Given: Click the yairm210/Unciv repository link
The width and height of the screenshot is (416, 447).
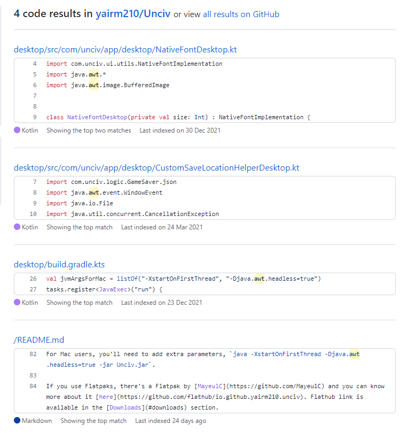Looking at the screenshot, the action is point(133,14).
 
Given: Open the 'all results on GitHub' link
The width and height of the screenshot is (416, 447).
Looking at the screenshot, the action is point(241,14).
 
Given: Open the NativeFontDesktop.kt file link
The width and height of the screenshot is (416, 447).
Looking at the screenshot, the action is point(125,50).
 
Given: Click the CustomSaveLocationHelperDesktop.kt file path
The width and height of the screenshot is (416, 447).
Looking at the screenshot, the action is point(156,168).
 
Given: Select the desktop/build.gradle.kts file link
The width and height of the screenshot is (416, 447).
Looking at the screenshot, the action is point(63,265).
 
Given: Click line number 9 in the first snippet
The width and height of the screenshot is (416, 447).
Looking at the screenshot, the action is point(35,117).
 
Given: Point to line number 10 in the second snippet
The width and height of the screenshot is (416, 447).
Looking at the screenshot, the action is point(33,214).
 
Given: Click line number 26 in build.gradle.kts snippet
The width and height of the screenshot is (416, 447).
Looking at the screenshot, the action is point(33,279).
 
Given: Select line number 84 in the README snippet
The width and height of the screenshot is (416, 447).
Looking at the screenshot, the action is point(33,386).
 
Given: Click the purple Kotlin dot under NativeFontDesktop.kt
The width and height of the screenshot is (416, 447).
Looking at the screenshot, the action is point(17,130).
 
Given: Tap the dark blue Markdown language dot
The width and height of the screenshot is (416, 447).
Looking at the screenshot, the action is point(17,421).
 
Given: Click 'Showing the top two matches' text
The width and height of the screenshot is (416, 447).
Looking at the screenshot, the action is point(89,130).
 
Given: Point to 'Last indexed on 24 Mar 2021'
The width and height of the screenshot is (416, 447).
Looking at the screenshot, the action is point(162,227).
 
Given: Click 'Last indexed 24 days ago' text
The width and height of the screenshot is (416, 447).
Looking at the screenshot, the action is point(170,421).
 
